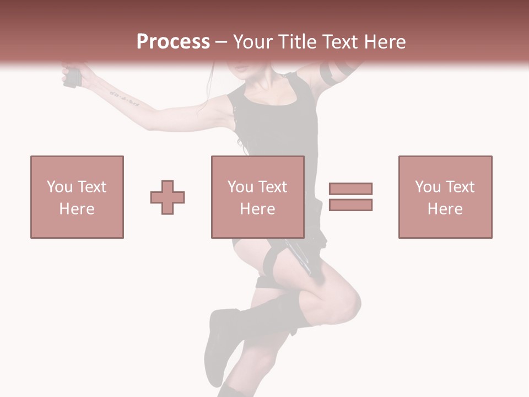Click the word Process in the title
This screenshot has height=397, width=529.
(x=173, y=42)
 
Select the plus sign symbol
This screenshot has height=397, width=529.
(x=168, y=197)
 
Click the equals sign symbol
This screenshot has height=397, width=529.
(x=350, y=197)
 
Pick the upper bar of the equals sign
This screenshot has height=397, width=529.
(x=350, y=189)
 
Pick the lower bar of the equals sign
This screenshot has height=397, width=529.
(x=350, y=205)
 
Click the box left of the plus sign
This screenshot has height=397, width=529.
(x=77, y=197)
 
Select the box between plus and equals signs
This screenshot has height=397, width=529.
(x=257, y=197)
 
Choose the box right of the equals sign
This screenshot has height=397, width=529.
(x=445, y=197)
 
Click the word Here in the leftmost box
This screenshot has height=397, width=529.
(x=77, y=209)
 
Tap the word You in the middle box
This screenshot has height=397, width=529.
(x=240, y=187)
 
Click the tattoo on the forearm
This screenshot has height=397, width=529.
(x=124, y=99)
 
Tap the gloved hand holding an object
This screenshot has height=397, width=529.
(x=73, y=76)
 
